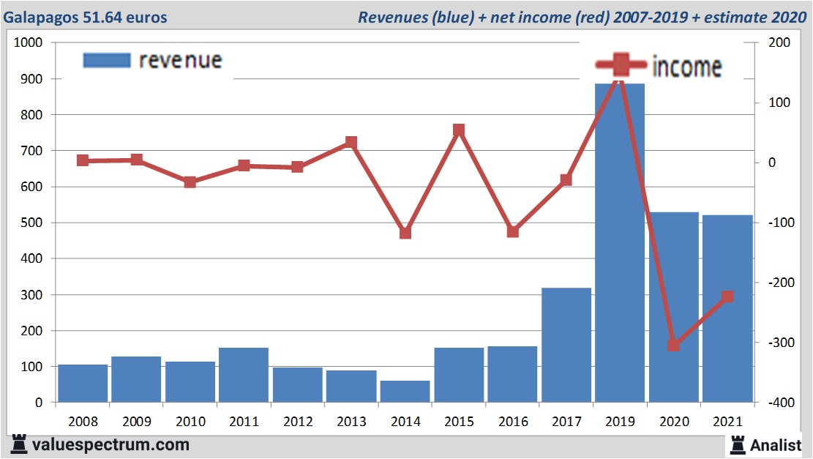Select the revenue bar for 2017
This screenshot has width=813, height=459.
[566, 345]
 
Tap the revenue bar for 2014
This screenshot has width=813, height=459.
[405, 392]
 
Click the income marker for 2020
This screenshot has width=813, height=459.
[674, 345]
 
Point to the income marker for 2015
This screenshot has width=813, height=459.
[459, 130]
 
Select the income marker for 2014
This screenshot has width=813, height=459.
[405, 233]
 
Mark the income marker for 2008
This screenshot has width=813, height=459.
[83, 160]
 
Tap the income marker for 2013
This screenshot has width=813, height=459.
[351, 142]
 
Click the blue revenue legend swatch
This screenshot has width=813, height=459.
[107, 60]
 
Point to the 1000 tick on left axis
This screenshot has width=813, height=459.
[31, 42]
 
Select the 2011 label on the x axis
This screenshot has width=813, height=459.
[244, 422]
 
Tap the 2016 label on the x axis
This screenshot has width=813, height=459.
[512, 422]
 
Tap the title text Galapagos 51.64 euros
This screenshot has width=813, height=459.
[86, 17]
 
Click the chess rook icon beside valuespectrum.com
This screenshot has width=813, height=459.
[18, 444]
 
